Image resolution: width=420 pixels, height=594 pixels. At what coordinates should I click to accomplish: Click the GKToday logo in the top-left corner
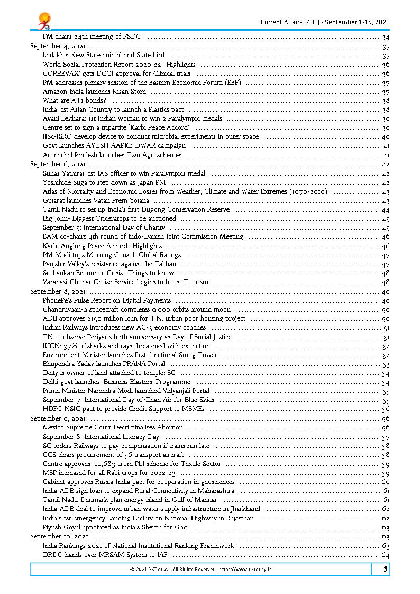[x=43, y=21]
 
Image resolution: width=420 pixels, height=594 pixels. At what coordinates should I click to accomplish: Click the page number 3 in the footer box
[x=386, y=569]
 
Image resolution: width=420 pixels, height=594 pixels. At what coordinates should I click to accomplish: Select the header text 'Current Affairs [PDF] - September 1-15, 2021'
[x=325, y=22]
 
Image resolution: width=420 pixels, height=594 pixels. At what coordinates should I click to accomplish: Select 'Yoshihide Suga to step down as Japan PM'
[x=104, y=182]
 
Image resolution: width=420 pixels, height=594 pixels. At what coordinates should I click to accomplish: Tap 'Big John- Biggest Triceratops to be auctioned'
[x=109, y=218]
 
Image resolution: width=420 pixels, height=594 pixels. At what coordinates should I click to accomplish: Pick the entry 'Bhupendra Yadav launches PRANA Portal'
[x=104, y=364]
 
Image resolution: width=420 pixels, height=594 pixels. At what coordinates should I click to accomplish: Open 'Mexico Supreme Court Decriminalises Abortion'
[x=113, y=427]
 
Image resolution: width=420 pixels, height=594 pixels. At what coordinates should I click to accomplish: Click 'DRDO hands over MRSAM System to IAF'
[x=105, y=555]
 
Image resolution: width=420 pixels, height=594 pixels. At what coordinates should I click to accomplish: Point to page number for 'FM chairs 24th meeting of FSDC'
[x=385, y=37]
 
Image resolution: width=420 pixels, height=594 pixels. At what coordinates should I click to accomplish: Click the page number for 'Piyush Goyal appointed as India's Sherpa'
[x=385, y=527]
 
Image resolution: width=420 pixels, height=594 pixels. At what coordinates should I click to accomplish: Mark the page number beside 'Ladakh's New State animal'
[x=385, y=55]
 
